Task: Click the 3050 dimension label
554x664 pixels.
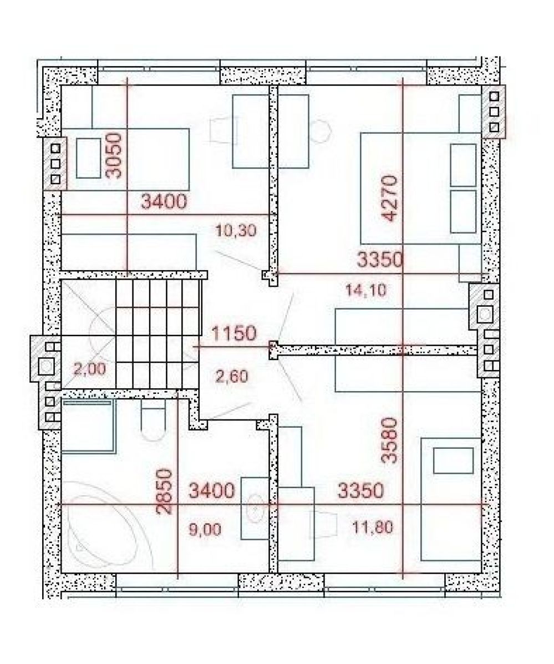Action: click(x=115, y=155)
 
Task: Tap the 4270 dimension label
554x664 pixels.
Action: click(x=390, y=198)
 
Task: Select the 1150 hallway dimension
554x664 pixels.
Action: click(x=233, y=333)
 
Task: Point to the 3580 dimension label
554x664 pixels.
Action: click(x=389, y=440)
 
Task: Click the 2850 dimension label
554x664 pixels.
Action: click(x=164, y=491)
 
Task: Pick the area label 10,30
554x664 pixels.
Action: click(x=236, y=231)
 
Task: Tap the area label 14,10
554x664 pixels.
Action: click(x=365, y=290)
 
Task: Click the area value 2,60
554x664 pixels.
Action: click(x=232, y=376)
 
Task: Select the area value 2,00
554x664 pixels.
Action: click(x=89, y=369)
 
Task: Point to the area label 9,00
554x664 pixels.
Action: click(x=205, y=529)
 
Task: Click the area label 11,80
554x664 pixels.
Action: click(x=373, y=527)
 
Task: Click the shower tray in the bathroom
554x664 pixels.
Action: click(x=89, y=427)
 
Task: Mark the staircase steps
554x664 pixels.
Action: click(x=157, y=333)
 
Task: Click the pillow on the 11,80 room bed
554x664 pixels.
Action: click(x=453, y=461)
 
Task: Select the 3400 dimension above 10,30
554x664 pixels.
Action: click(x=164, y=201)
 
